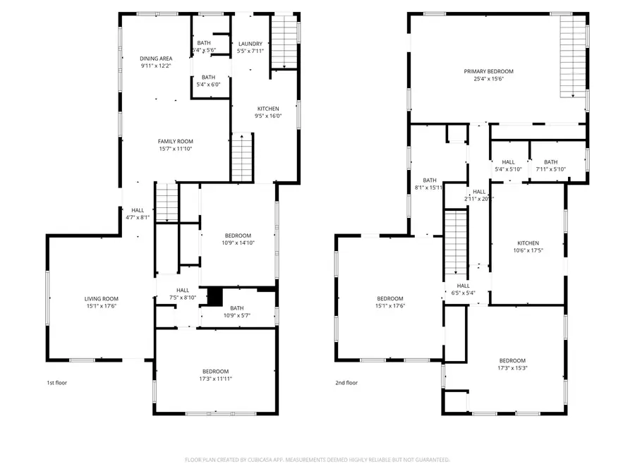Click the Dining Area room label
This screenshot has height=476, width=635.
[x=156, y=59]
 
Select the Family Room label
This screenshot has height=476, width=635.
[x=176, y=141]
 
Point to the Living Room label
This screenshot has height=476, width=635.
[x=101, y=298]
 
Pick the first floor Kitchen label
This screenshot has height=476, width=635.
[x=267, y=109]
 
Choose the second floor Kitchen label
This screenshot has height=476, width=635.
[x=528, y=243]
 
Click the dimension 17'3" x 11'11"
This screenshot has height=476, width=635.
[x=215, y=379]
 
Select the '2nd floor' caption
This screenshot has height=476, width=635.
[x=346, y=383]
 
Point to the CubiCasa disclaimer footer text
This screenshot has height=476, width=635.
[x=317, y=459]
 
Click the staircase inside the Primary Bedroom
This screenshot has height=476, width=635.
[x=573, y=56]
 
